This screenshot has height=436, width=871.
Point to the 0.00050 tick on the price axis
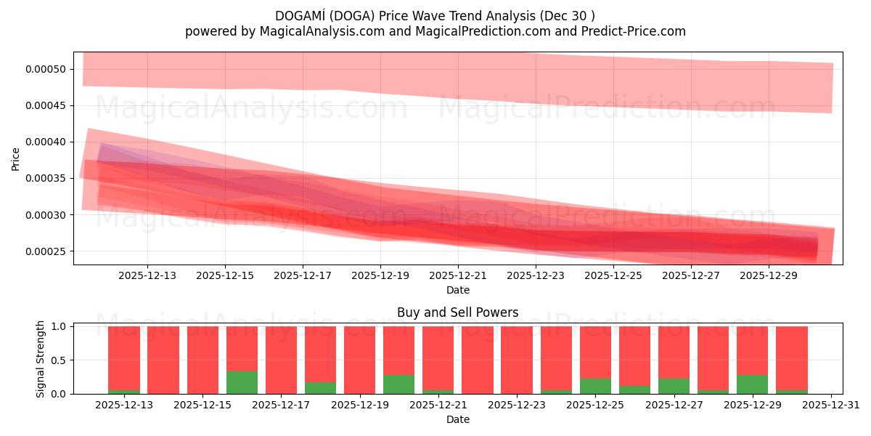click(46, 70)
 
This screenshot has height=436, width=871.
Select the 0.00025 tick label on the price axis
click(46, 251)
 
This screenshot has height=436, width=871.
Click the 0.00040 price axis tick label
click(46, 142)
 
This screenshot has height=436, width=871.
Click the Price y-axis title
click(16, 158)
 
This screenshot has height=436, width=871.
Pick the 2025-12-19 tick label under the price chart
click(380, 276)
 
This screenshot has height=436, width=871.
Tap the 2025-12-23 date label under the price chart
click(536, 276)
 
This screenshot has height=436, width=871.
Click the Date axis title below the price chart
click(457, 291)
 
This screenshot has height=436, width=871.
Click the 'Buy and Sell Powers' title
click(457, 313)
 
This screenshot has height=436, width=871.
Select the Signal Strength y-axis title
click(41, 359)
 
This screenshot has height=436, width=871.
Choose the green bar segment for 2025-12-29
click(752, 384)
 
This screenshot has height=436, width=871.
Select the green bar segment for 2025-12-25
click(595, 386)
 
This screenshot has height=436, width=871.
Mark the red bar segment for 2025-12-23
click(517, 360)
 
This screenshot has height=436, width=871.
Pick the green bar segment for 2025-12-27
click(674, 386)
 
